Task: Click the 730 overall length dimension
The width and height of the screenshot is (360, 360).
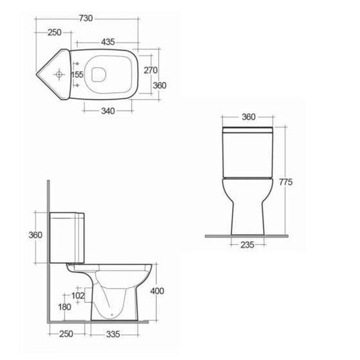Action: tap(86, 18)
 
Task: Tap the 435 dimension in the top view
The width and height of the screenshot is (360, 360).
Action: tap(108, 42)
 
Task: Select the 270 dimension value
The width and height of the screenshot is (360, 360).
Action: tap(151, 70)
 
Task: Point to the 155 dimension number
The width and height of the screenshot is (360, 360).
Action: tap(77, 75)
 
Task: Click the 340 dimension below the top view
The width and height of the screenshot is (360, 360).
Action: tap(108, 111)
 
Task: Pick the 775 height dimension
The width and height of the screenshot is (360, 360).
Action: tap(286, 182)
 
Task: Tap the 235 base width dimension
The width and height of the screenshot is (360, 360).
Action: tap(247, 245)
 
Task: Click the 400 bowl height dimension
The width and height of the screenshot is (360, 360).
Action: tap(157, 291)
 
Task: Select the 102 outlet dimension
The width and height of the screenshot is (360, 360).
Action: tap(78, 295)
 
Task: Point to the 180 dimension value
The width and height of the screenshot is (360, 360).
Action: tap(65, 307)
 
